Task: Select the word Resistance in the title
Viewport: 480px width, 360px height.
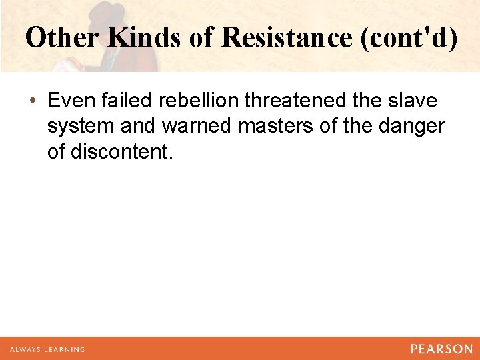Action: pyautogui.click(x=286, y=38)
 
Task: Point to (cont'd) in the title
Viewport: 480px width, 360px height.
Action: pyautogui.click(x=408, y=38)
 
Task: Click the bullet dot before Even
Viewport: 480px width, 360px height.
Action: pyautogui.click(x=33, y=101)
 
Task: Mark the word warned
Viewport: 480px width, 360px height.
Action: pyautogui.click(x=195, y=127)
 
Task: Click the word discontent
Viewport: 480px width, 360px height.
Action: pyautogui.click(x=121, y=153)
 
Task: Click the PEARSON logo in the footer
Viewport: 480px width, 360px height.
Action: pyautogui.click(x=441, y=349)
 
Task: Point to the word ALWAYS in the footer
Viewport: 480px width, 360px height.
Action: pyautogui.click(x=26, y=349)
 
